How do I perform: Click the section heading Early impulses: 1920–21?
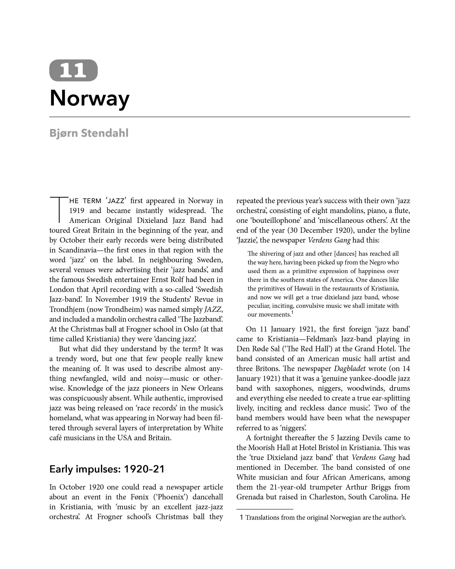[107, 469]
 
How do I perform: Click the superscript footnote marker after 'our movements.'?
[292, 313]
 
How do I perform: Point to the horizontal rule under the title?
[229, 117]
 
